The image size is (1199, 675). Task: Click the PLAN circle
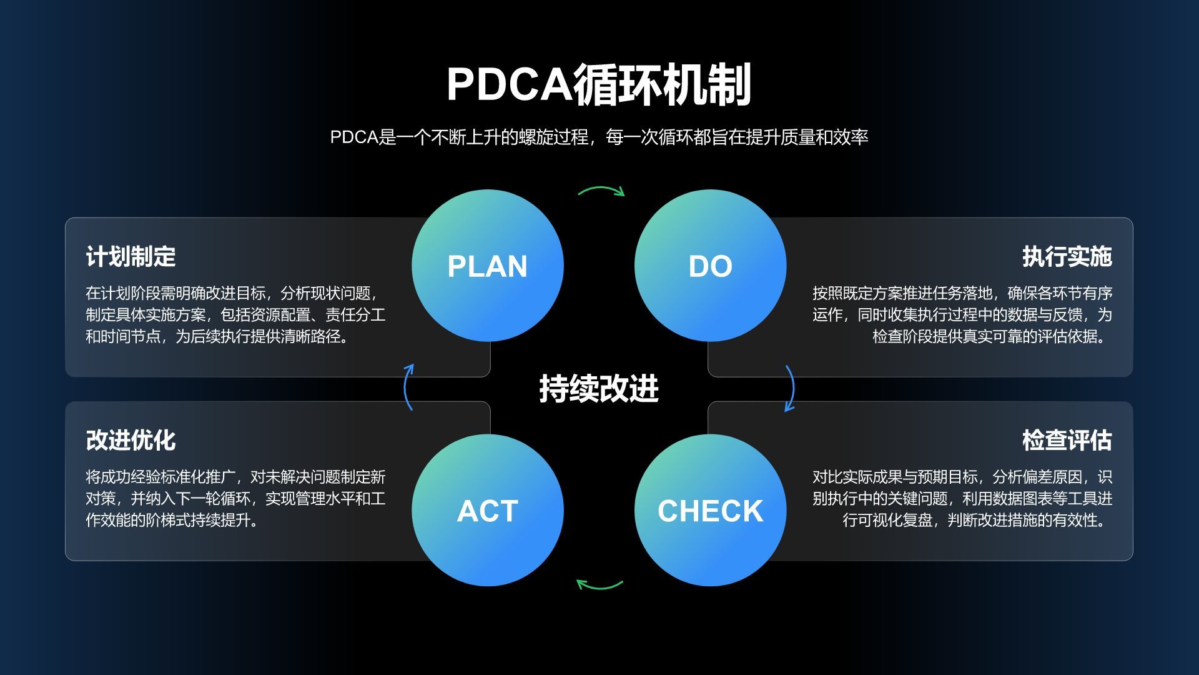(x=487, y=266)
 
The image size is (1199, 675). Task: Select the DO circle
(x=710, y=266)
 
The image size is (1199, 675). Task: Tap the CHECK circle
(x=710, y=510)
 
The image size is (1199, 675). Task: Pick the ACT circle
(x=487, y=510)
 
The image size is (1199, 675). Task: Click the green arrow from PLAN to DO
(x=601, y=189)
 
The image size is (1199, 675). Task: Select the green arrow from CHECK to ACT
(x=599, y=586)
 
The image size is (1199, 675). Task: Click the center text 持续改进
(x=599, y=388)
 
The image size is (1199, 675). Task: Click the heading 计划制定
(x=131, y=256)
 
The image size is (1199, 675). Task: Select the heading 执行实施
(x=1067, y=256)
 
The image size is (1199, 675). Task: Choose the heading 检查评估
(x=1067, y=440)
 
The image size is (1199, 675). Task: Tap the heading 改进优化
(x=131, y=440)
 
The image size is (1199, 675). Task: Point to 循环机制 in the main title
(x=662, y=84)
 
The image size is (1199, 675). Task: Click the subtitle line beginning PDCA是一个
(x=599, y=137)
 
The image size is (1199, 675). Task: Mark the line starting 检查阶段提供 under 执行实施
(x=992, y=336)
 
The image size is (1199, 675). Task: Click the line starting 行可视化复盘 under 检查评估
(x=977, y=520)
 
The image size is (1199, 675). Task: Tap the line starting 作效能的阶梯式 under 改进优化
(x=172, y=520)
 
